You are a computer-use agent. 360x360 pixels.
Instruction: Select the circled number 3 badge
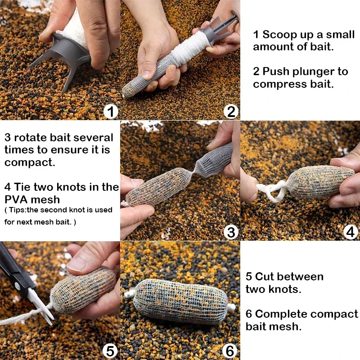[x=230, y=232]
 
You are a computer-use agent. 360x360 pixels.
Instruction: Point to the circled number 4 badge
[x=351, y=232]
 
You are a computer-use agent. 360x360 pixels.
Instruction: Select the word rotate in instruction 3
[x=29, y=138]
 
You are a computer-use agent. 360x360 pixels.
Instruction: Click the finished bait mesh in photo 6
[x=180, y=300]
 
